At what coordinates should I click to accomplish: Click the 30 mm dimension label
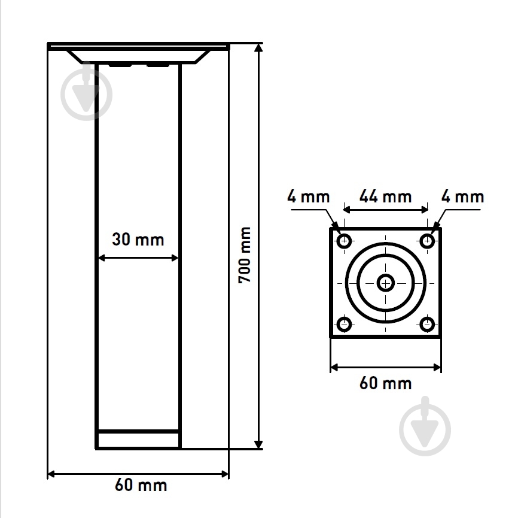[x=138, y=240]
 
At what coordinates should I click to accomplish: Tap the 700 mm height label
[x=245, y=255]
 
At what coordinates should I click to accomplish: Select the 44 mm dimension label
[x=385, y=196]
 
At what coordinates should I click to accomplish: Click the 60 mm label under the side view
[x=141, y=485]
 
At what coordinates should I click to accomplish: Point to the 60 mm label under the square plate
[x=385, y=383]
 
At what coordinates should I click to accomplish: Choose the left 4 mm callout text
[x=308, y=196]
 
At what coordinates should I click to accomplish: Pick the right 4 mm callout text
[x=462, y=196]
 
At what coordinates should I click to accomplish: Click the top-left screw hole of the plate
[x=344, y=241]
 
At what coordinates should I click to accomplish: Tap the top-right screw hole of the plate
[x=427, y=241]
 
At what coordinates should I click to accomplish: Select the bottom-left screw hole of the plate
[x=344, y=324]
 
